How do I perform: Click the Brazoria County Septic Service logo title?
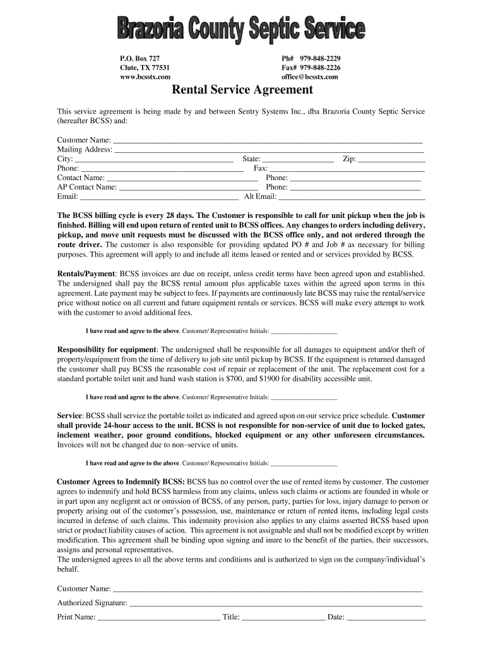pos(240,30)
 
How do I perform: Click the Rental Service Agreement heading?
pos(243,90)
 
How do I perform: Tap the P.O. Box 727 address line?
pos(139,58)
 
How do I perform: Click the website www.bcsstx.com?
pos(145,77)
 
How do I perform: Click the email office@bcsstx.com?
pos(309,77)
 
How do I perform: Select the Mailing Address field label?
pos(85,150)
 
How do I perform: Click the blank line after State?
pos(298,159)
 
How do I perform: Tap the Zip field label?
pos(349,159)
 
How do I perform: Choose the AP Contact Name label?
pos(87,187)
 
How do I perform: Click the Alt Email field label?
pos(260,197)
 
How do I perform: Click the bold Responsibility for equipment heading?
pos(107,349)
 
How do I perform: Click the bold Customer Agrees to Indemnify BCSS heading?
pos(121,481)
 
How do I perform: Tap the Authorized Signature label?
pos(92,603)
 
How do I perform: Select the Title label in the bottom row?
pos(231,617)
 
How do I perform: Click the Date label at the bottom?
pos(336,617)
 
